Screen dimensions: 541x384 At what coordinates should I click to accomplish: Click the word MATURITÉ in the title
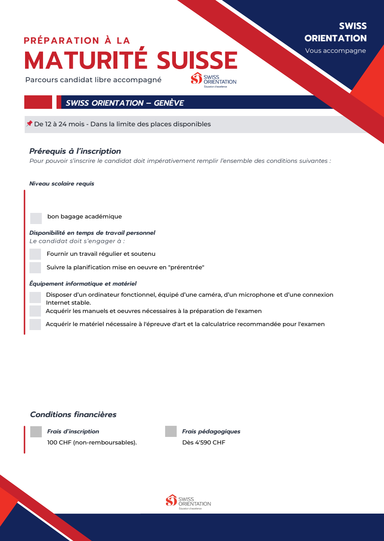point(86,60)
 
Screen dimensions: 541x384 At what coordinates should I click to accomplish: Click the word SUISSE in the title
point(197,60)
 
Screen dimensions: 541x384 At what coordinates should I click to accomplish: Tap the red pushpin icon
point(29,124)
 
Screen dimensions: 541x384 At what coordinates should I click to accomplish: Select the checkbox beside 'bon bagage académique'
point(36,218)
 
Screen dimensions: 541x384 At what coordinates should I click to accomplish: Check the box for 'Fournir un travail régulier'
point(35,254)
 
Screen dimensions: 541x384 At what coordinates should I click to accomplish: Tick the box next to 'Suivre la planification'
point(35,267)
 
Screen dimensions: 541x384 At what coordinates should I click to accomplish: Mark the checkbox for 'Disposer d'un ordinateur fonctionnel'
point(35,297)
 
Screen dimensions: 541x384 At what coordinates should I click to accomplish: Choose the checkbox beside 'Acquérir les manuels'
point(35,311)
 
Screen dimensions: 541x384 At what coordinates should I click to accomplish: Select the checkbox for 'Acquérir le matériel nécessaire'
point(35,325)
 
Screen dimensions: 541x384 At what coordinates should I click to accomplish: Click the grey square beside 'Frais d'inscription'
point(36,431)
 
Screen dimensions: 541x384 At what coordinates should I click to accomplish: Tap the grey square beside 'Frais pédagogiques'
point(171,431)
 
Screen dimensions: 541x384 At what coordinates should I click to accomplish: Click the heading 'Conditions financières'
point(73,414)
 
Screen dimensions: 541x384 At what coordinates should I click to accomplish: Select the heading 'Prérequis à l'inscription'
point(75,151)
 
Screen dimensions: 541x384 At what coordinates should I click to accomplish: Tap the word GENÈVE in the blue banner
point(169,103)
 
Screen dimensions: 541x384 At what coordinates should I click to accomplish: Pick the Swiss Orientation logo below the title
point(213,79)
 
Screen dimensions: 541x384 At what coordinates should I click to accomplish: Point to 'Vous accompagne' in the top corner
point(335,50)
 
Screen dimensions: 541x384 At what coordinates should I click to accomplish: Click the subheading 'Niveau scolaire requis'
point(62,184)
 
